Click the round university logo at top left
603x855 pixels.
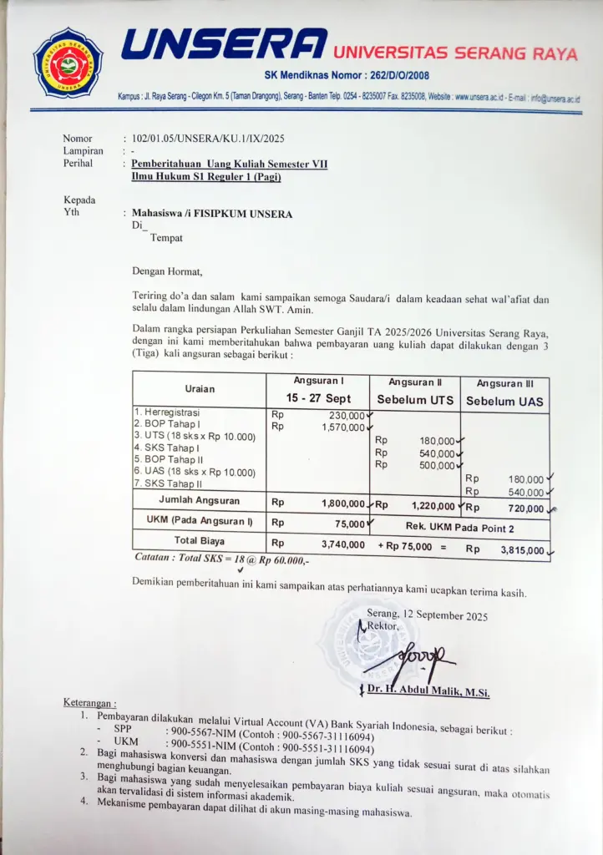coord(68,63)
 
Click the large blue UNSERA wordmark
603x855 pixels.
coord(225,45)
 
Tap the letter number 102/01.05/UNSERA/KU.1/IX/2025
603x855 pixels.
coord(208,139)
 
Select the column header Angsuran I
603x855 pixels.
coord(318,381)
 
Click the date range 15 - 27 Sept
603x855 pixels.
coord(318,398)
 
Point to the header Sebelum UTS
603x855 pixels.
coord(415,400)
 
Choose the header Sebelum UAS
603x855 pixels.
coord(504,402)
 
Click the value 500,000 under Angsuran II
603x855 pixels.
coord(437,465)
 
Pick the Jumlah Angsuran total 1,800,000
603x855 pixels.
coord(342,503)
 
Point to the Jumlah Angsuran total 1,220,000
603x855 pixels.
coord(433,505)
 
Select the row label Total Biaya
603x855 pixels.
coord(198,540)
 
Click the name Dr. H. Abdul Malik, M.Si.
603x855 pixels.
coord(428,691)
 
